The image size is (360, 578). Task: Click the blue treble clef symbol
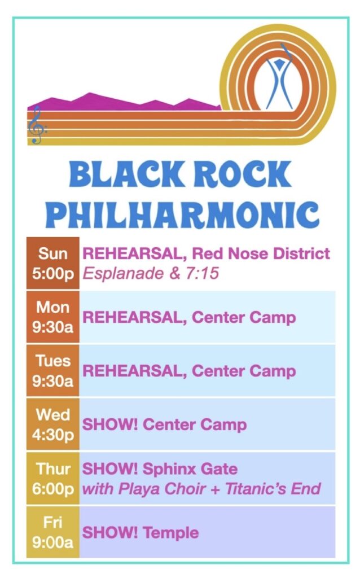[x=36, y=125]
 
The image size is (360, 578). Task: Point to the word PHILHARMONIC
[x=185, y=214]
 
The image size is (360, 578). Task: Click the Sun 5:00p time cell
[x=52, y=263]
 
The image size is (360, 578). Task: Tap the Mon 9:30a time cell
[x=52, y=317]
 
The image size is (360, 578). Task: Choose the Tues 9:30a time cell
[x=52, y=371]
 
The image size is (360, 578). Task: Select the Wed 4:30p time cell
[x=52, y=424]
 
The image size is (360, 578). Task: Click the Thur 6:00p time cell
[x=52, y=479]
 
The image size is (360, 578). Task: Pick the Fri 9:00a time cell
[x=52, y=532]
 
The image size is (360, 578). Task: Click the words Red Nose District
[x=261, y=253]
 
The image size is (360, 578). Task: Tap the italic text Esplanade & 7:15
[x=151, y=274]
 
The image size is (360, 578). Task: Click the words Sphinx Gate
[x=190, y=469]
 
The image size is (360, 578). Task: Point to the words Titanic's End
[x=273, y=489]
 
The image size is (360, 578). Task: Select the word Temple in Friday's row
[x=170, y=533]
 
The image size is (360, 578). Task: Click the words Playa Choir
[x=162, y=489]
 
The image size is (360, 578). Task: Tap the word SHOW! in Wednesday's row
[x=110, y=424]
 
